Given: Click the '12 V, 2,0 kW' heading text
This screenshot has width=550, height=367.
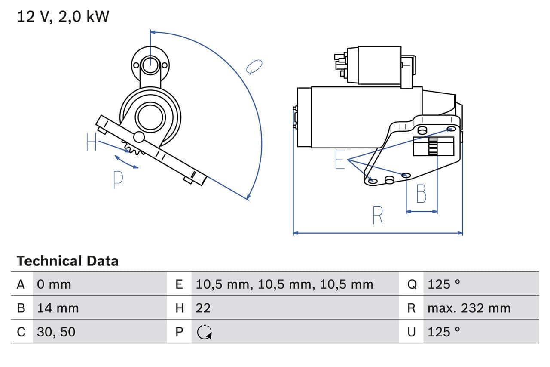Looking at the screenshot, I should point(63,17).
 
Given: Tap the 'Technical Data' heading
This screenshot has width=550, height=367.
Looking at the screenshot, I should point(67,261).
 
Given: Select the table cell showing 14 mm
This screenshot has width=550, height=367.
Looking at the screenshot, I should point(58,308).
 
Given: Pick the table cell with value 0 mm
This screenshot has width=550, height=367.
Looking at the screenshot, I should point(54,284).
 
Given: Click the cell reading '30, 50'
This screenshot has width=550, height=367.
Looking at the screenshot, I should point(56,332).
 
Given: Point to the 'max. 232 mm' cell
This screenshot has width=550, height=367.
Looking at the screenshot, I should point(469,308).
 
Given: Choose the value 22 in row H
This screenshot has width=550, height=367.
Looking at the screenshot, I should point(203,308).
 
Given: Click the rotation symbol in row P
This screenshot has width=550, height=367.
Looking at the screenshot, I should point(204,332).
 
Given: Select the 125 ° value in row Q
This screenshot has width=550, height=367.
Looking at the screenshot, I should point(444,284).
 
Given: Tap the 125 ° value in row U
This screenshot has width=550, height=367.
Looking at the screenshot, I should point(444,332).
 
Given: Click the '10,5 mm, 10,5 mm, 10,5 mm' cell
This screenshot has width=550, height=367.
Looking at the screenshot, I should point(284,284).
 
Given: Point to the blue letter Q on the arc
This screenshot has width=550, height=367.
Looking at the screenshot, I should point(254,67).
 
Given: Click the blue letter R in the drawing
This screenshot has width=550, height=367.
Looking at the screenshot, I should point(378,216).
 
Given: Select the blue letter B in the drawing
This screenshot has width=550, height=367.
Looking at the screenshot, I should point(422,194).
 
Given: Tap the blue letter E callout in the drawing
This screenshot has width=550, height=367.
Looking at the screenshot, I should point(340,160).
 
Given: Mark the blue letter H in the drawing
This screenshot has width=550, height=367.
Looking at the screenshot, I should point(92,142).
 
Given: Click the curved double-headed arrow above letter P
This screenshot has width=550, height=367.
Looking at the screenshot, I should point(126,162).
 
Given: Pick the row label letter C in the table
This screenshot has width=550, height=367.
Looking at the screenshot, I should point(21,332).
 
